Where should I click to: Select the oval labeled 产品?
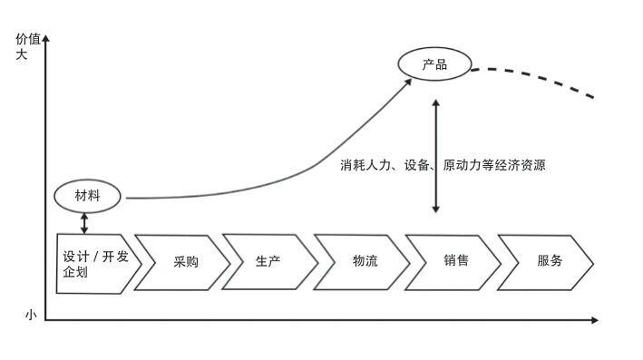(x=434, y=64)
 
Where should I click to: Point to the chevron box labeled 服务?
(x=547, y=261)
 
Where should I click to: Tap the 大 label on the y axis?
(x=22, y=54)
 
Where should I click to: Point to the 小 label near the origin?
(x=30, y=316)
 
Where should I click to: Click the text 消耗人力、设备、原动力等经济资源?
(x=443, y=166)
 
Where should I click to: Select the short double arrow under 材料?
(x=85, y=222)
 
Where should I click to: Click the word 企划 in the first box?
(x=75, y=273)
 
